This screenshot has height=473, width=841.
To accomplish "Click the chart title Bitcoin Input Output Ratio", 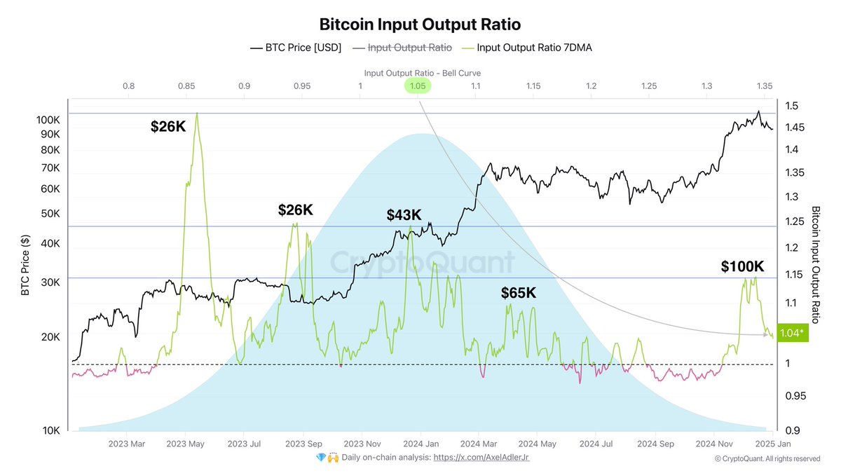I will [x=420, y=25].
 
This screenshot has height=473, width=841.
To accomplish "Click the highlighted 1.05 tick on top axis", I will [x=418, y=85].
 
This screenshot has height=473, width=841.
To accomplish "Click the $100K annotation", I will [x=742, y=266].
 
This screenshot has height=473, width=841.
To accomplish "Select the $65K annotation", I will [x=518, y=293].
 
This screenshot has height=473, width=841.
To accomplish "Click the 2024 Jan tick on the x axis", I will [x=421, y=444].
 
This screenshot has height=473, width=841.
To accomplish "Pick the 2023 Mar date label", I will [x=127, y=444].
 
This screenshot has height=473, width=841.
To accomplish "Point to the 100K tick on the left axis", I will [x=48, y=120].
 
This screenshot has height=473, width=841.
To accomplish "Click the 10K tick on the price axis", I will [x=51, y=430].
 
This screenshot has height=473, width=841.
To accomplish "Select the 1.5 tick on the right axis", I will [x=791, y=106].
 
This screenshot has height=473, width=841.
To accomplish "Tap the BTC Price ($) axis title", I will [x=25, y=264].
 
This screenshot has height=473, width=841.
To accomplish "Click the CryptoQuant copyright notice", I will [x=767, y=458].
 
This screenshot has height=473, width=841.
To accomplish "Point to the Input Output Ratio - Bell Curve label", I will [x=422, y=73].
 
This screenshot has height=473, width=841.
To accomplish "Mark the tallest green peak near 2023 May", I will [x=197, y=113].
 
